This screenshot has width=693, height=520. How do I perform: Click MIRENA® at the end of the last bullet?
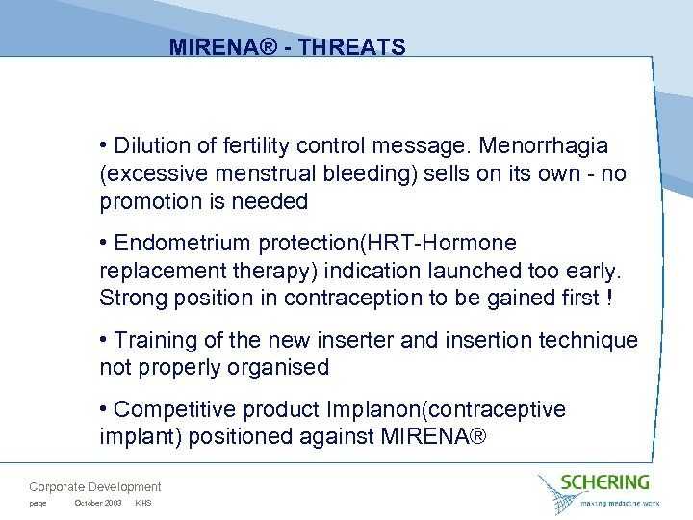pyautogui.click(x=434, y=436)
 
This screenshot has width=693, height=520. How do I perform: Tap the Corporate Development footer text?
pyautogui.click(x=95, y=487)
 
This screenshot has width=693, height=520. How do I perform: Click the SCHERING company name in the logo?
pyautogui.click(x=606, y=481)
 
